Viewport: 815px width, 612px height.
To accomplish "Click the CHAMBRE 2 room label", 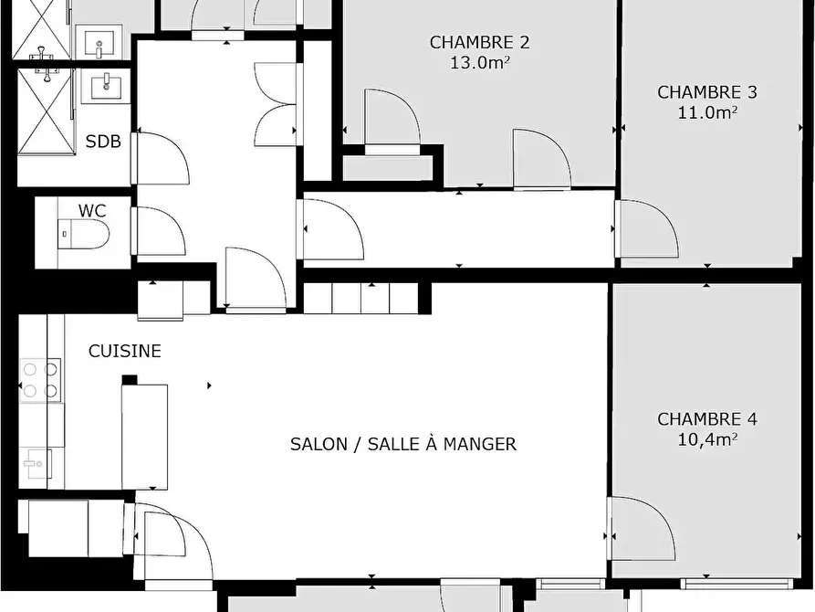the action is coord(479,42).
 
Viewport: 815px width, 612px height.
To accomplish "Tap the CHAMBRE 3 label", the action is coord(707,92).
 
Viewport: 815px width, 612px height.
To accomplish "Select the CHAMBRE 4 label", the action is coord(707,419).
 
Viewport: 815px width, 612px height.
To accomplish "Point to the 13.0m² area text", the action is coord(479,63).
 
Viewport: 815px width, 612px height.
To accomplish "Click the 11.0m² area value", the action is coord(707,112).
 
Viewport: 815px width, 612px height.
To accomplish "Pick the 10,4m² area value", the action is coord(707,439).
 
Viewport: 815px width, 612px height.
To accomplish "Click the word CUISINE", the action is coord(125,352).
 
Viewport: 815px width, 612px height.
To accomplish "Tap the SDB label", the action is coord(103,142).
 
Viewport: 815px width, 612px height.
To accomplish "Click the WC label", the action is coord(92,211).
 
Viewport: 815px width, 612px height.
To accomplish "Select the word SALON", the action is coord(319,445).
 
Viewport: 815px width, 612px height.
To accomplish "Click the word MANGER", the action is coord(480,445).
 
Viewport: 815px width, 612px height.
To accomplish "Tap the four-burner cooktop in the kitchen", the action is coord(40,380).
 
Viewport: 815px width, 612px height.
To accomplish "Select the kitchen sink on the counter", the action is coord(37,464).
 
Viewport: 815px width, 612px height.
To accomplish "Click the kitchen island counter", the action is coord(144,436).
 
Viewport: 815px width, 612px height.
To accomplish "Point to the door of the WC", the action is coord(159,232).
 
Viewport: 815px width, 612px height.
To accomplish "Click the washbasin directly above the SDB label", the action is coord(107,88).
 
